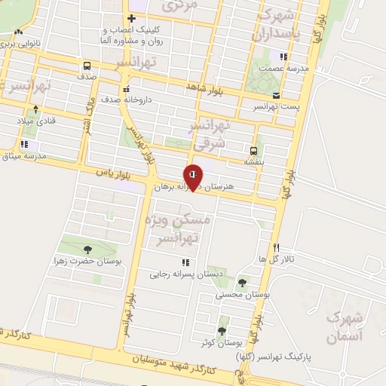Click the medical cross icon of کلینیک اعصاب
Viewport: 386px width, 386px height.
pos(132,18)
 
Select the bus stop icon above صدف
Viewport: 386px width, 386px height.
pos(86,65)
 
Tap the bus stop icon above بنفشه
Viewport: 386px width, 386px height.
pos(253,150)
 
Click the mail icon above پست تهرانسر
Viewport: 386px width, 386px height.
pos(277,95)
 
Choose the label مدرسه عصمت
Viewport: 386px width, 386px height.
pos(282,68)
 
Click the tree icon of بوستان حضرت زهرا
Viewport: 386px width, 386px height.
pos(87,250)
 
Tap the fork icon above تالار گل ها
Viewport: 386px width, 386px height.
pos(277,247)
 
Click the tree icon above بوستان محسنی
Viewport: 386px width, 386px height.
pos(241,283)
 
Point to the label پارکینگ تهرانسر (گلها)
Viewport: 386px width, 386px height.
pos(277,356)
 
